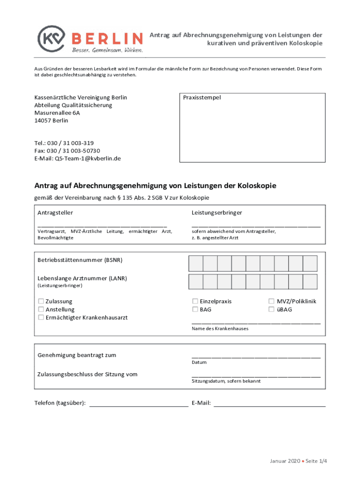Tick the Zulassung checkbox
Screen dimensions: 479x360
coord(41,301)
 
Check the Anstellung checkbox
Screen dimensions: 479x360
coord(41,309)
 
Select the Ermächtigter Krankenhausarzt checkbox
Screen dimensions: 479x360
coord(41,318)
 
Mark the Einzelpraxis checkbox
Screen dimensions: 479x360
coord(195,301)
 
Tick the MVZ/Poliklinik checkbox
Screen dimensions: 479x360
coord(271,301)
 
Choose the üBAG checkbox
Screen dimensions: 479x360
coord(271,309)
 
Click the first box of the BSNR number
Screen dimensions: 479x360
coord(195,263)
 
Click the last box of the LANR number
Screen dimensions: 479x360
coord(310,282)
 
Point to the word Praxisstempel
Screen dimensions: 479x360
coord(202,98)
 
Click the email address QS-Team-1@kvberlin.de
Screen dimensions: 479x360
coord(88,158)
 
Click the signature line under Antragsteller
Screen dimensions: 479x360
coord(102,226)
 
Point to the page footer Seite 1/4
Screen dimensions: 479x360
coord(316,461)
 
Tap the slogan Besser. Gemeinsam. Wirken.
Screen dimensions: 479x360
coord(107,50)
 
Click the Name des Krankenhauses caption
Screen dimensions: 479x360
coord(220,329)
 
